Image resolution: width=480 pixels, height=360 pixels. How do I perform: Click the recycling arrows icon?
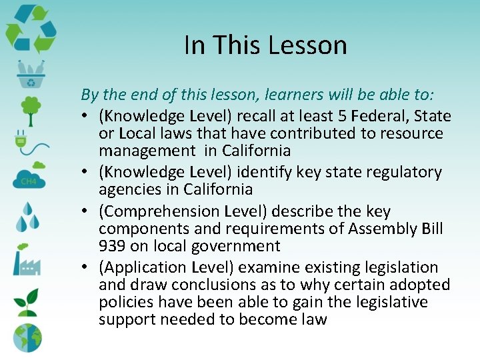[31, 29]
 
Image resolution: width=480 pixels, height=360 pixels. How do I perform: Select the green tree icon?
[29, 108]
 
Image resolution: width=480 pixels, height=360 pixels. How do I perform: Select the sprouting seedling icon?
[27, 301]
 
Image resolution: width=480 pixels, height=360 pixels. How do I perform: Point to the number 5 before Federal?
[359, 116]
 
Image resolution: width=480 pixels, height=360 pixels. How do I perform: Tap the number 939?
[113, 246]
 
